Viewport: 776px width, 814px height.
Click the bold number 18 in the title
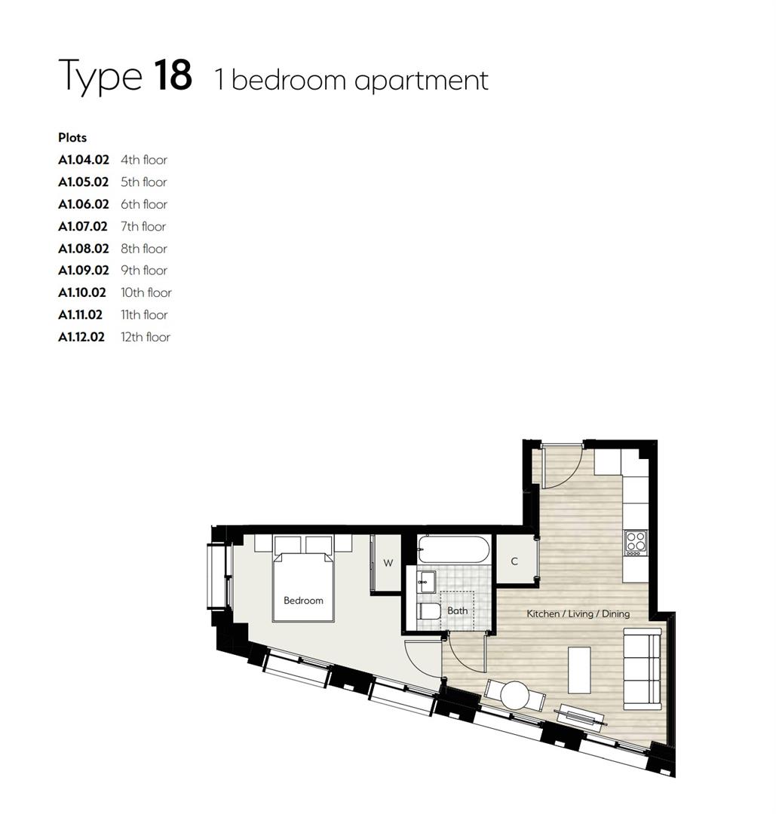click(x=173, y=75)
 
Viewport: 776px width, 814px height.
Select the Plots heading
click(x=72, y=137)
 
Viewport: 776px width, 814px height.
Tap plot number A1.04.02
click(x=84, y=160)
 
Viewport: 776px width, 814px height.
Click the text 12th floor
click(x=146, y=337)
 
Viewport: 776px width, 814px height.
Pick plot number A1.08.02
click(x=84, y=249)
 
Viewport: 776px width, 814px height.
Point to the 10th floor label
click(x=146, y=292)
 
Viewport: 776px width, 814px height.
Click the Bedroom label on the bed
click(x=303, y=601)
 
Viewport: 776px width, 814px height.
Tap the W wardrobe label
click(x=388, y=563)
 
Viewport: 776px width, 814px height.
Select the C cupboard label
click(x=514, y=562)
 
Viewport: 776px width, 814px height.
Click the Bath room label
click(x=457, y=610)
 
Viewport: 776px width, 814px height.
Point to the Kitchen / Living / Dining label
click(x=578, y=614)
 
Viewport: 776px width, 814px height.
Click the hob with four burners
click(x=636, y=543)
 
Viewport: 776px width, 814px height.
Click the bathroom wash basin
click(x=426, y=581)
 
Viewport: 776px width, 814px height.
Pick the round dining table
click(x=515, y=694)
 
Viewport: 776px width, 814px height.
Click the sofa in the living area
click(x=642, y=668)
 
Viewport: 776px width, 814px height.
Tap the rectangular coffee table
click(x=579, y=669)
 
